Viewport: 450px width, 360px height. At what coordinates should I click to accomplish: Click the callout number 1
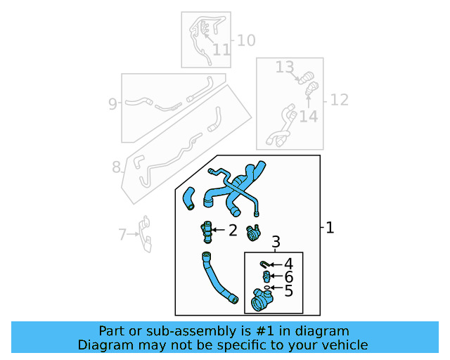pyautogui.click(x=330, y=228)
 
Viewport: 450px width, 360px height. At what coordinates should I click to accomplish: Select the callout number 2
pyautogui.click(x=232, y=230)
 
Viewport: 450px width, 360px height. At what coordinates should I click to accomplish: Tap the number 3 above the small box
pyautogui.click(x=276, y=243)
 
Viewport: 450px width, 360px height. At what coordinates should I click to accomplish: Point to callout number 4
pyautogui.click(x=288, y=264)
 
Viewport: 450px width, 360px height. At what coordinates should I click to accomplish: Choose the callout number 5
pyautogui.click(x=288, y=290)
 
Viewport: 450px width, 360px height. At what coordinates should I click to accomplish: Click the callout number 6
pyautogui.click(x=288, y=277)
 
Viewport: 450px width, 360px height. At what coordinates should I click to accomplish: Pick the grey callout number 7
pyautogui.click(x=122, y=234)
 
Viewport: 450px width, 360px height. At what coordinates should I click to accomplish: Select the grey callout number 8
pyautogui.click(x=116, y=167)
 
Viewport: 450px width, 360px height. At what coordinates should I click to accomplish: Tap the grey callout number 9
pyautogui.click(x=112, y=104)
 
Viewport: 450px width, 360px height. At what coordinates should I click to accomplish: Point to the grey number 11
pyautogui.click(x=221, y=50)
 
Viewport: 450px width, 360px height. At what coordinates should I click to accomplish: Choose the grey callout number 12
pyautogui.click(x=339, y=100)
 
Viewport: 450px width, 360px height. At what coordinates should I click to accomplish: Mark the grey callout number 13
pyautogui.click(x=284, y=67)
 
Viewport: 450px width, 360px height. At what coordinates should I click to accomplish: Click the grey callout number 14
pyautogui.click(x=308, y=116)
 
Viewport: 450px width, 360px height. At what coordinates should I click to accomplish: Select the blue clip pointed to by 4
pyautogui.click(x=264, y=264)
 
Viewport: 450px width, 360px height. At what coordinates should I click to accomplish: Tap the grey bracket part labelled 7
pyautogui.click(x=146, y=233)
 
